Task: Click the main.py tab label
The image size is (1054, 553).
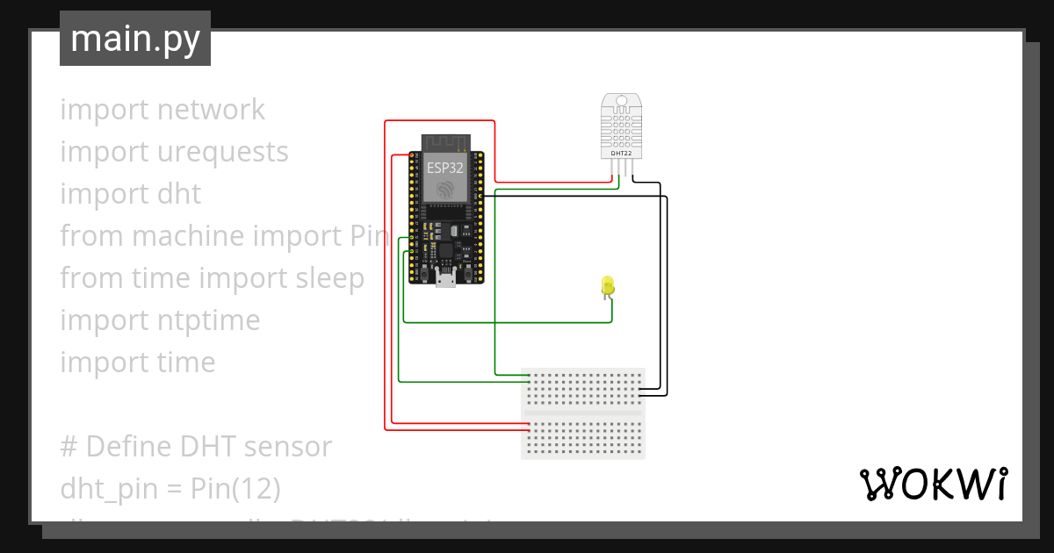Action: [x=135, y=39]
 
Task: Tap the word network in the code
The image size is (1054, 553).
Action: [x=211, y=110]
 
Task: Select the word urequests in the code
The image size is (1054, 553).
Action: [x=222, y=152]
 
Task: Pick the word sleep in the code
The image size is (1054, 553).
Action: [x=324, y=278]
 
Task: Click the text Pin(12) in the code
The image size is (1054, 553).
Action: [x=235, y=489]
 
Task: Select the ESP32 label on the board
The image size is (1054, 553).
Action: [x=444, y=167]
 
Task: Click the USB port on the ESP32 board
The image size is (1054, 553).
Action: [x=446, y=280]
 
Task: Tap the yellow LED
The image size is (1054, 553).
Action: [x=607, y=285]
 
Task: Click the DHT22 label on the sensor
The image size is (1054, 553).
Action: [x=621, y=154]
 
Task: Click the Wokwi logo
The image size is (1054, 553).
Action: [x=933, y=484]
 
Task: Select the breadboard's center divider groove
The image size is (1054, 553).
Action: [x=583, y=413]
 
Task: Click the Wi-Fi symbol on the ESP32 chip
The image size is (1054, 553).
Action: [x=444, y=187]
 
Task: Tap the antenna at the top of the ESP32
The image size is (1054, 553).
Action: [x=446, y=142]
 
